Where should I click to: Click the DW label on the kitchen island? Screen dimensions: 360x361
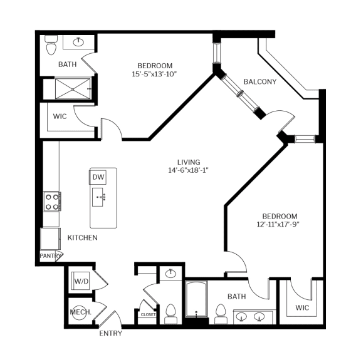98,177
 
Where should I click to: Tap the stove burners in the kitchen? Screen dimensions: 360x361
51,201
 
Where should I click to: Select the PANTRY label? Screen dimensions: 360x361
50,256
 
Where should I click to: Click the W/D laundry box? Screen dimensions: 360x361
81,281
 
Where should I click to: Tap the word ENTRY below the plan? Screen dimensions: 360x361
111,333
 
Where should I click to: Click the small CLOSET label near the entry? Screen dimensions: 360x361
149,314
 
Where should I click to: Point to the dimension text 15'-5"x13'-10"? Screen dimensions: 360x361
155,74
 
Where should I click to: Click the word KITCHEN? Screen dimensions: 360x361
82,237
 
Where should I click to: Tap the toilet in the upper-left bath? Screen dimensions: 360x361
51,44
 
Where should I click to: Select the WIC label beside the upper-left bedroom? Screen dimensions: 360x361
60,116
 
